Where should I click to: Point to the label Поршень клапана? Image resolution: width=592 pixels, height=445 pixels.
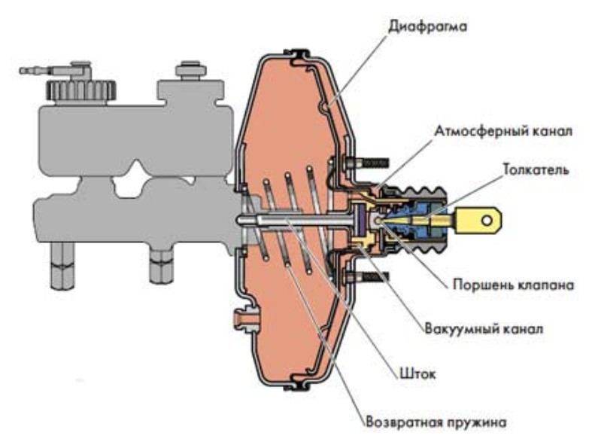514,285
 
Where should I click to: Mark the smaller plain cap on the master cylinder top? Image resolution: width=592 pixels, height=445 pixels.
187,72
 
